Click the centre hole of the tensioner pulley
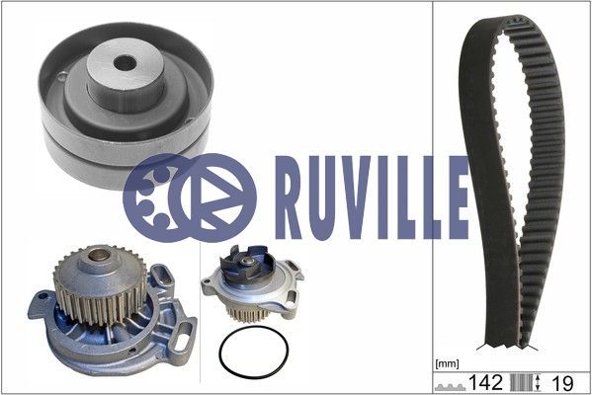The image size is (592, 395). click(125, 63)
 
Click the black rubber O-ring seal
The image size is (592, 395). click(254, 352)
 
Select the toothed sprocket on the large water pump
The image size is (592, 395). click(100, 283)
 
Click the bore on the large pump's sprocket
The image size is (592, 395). click(99, 256)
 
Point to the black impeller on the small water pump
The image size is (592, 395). click(248, 263)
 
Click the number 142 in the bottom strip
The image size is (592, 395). click(485, 382)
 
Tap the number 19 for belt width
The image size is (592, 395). click(562, 383)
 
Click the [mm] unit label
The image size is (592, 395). click(447, 364)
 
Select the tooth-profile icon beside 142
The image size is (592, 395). click(450, 387)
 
